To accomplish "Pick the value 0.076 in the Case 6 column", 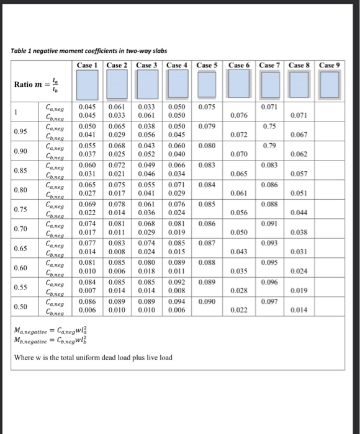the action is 238,115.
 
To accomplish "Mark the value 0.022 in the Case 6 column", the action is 238,310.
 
